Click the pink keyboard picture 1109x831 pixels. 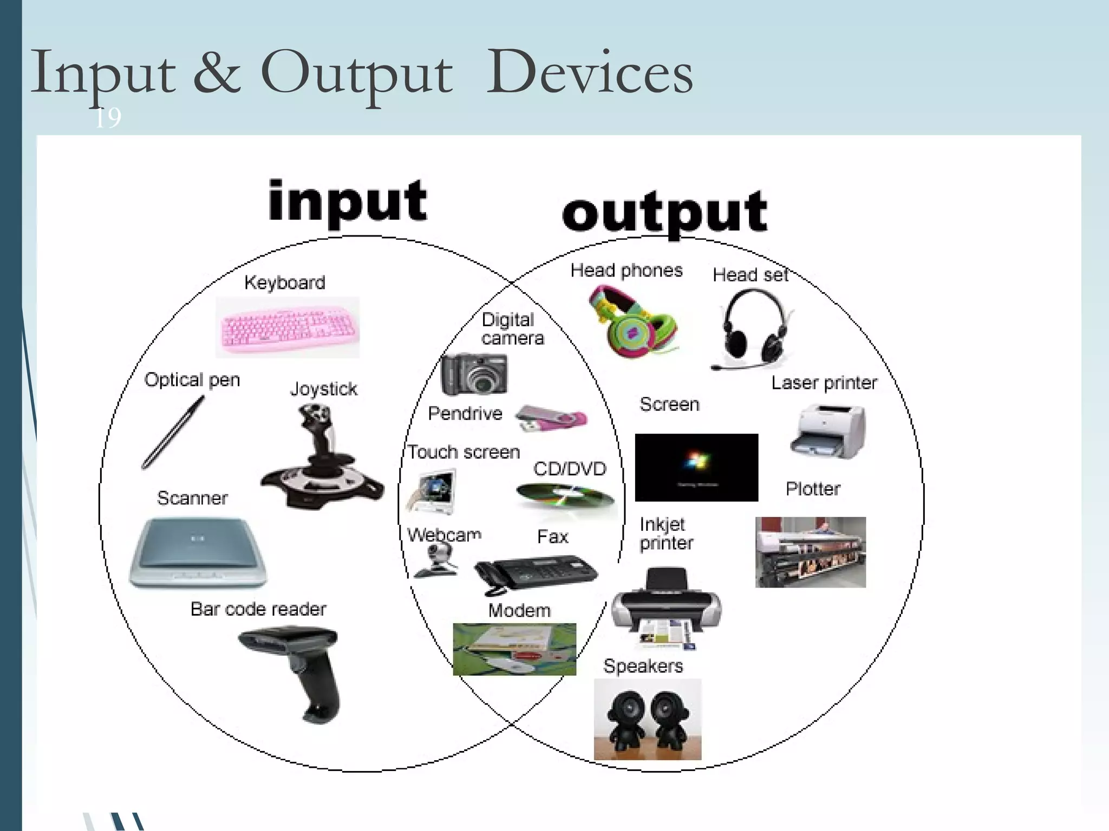click(288, 328)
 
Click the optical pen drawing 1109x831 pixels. click(172, 433)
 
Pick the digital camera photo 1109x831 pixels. click(474, 374)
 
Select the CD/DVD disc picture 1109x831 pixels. click(565, 497)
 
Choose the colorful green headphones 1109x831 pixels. click(632, 321)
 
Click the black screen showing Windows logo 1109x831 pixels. click(696, 467)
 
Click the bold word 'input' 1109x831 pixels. click(348, 202)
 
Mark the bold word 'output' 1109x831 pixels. click(665, 213)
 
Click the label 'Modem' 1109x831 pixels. click(519, 610)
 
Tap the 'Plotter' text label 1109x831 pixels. click(813, 489)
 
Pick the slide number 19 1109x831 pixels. click(108, 118)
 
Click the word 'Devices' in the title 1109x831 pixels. click(589, 74)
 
